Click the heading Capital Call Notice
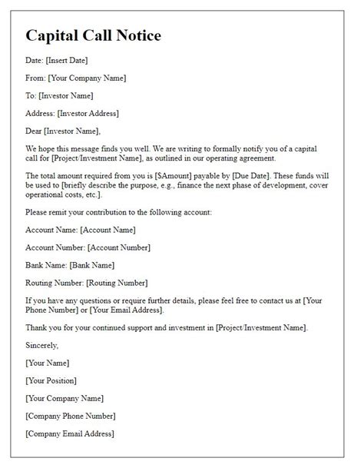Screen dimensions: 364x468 click(93, 36)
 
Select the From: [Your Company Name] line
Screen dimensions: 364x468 click(75, 78)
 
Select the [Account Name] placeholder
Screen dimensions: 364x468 click(109, 230)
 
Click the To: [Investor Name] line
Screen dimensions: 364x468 click(59, 95)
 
